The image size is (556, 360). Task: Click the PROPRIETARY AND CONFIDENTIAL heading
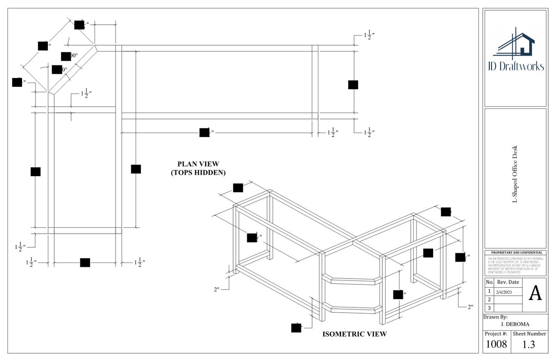coord(515,253)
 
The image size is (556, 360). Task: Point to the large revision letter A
coord(535,293)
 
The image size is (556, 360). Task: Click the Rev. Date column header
coord(508,282)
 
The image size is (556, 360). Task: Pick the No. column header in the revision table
coord(489,282)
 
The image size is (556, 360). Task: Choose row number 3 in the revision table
coord(489,308)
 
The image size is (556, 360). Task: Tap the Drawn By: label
coord(495,317)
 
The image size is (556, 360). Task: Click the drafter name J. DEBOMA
coord(515,323)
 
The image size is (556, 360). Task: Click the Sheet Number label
coord(529,334)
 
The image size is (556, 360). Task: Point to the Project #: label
coord(496,334)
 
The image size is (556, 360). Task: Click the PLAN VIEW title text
coord(198,164)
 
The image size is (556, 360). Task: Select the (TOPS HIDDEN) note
coord(198,173)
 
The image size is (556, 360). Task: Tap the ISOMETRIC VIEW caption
coord(355,334)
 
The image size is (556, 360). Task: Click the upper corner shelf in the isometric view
coord(353,280)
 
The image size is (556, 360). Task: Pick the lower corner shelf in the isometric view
coord(353,309)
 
